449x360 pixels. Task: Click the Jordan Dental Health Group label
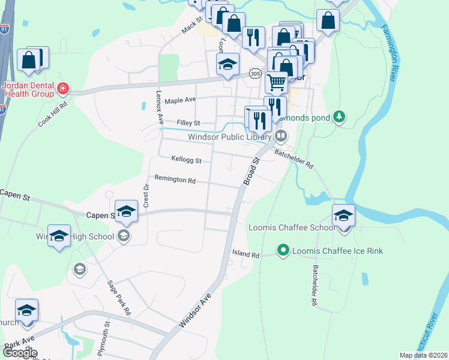point(28,89)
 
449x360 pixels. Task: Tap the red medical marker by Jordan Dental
point(62,90)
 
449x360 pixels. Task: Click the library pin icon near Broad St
point(280,137)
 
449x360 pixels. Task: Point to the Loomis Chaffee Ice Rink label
point(337,250)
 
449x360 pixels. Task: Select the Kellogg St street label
point(186,160)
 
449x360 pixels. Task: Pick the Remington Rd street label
point(175,179)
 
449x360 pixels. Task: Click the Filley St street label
point(188,123)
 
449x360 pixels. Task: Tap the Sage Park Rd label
point(118,298)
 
